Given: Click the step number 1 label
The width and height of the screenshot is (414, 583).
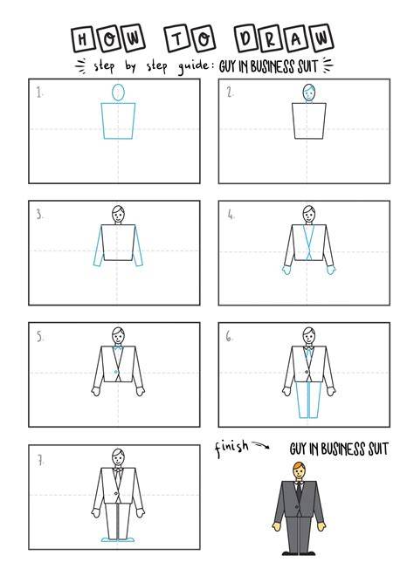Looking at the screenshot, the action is tap(39, 93).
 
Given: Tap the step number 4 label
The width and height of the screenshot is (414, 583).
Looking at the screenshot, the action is tap(231, 214).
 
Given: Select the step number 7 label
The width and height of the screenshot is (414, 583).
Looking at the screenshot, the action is tap(40, 461).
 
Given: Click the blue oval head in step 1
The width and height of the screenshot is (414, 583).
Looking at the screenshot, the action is tap(118, 93).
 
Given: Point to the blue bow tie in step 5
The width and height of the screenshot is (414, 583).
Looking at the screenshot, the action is tap(118, 347).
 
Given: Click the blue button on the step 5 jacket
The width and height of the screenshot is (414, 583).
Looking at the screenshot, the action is tap(116, 372).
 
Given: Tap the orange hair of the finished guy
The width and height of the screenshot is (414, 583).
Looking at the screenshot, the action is tap(299, 466).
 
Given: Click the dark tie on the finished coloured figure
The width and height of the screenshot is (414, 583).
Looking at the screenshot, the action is tap(299, 490).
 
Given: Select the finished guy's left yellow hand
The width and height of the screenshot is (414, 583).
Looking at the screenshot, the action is tap(276, 526).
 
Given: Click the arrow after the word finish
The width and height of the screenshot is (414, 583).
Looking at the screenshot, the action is tap(261, 444).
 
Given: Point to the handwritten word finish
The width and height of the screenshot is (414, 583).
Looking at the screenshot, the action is tap(231, 447).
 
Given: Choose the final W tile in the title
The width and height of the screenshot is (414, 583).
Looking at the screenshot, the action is tap(321, 38).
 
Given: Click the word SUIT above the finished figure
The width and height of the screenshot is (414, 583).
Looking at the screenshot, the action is tap(378, 449).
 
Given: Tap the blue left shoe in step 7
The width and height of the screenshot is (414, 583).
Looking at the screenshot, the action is tap(109, 539).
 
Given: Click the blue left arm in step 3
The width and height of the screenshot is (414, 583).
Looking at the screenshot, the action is tap(99, 246).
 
